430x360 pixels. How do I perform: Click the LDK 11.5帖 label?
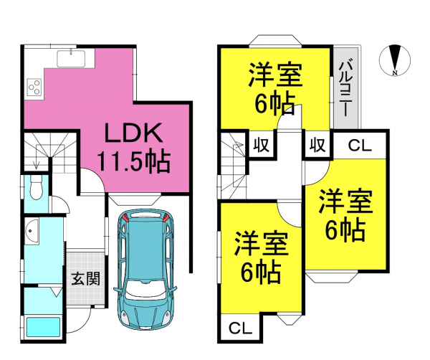[135, 148]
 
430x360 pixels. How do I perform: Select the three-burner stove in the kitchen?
[35, 87]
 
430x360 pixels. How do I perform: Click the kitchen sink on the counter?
[70, 58]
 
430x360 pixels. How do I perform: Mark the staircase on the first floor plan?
[44, 153]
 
